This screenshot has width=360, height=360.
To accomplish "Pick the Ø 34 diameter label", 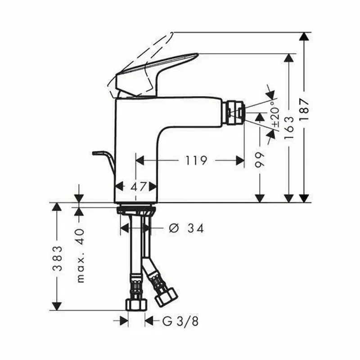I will point(186,229).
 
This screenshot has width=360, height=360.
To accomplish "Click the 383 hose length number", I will point(57,258).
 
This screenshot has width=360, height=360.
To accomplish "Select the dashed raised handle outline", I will point(135,58).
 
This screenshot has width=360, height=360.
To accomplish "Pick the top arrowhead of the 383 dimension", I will point(57,207).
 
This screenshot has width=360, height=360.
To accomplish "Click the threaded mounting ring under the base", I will point(135,210).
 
